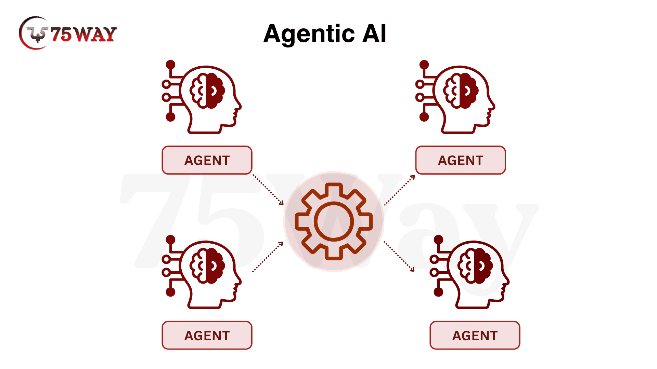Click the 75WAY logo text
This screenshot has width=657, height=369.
(x=84, y=34)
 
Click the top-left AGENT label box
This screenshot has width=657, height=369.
(x=207, y=160)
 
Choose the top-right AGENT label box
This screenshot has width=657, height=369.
(x=461, y=160)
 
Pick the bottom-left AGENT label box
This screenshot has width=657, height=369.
(x=207, y=336)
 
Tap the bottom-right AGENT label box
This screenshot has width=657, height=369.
(x=475, y=336)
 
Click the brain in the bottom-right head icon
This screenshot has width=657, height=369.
(x=475, y=266)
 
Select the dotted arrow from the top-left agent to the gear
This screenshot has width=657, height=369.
(x=268, y=190)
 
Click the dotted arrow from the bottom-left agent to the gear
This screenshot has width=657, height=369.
(x=268, y=257)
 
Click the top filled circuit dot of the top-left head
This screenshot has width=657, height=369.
(x=170, y=65)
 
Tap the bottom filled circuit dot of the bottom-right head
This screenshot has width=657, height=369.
(x=438, y=292)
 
